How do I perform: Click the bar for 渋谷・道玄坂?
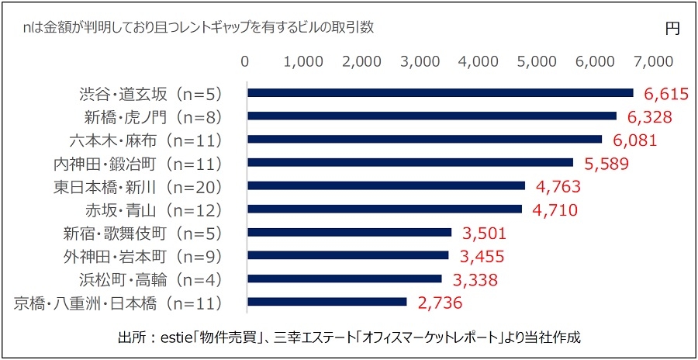click(440, 93)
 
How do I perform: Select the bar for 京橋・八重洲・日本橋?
click(327, 302)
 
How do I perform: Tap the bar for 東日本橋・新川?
click(385, 186)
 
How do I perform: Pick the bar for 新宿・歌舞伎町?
click(349, 232)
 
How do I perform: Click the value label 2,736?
click(440, 303)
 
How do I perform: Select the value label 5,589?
click(606, 164)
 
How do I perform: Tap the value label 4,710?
click(555, 209)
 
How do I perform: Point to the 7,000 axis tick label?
click(651, 62)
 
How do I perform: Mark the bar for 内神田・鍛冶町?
click(410, 163)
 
